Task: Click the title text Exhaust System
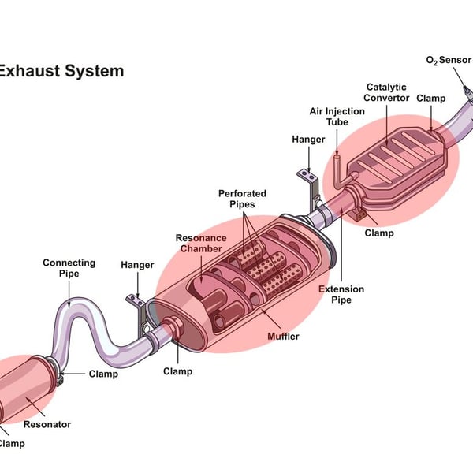click(61, 71)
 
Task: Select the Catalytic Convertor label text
click(387, 92)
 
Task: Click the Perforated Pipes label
click(242, 199)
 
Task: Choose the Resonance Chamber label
click(201, 244)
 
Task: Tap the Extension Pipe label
click(341, 294)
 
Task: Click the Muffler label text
click(282, 337)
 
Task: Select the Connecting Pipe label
click(69, 268)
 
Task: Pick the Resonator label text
click(47, 424)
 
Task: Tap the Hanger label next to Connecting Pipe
click(137, 265)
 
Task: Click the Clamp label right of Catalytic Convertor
click(431, 99)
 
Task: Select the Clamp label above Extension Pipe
click(379, 233)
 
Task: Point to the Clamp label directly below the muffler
click(177, 371)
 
